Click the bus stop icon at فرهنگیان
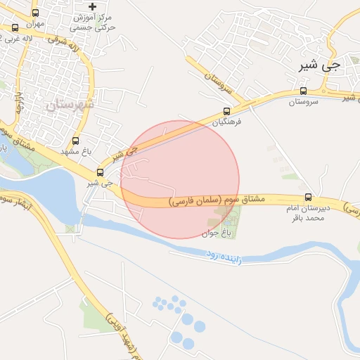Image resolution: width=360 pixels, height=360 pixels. tap(226, 110)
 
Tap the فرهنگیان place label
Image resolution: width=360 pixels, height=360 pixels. tap(229, 122)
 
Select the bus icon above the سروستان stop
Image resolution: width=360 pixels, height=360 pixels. tap(303, 91)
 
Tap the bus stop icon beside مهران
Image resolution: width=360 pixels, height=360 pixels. tap(36, 13)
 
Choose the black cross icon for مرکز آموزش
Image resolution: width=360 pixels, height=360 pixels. tap(93, 6)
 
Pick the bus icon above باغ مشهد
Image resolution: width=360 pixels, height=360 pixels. tap(75, 140)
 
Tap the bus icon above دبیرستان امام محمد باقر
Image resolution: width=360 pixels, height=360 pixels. tap(308, 197)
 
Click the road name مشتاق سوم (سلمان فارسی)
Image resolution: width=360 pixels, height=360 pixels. tap(217, 200)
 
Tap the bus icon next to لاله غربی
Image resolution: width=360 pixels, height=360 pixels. tap(15, 28)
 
